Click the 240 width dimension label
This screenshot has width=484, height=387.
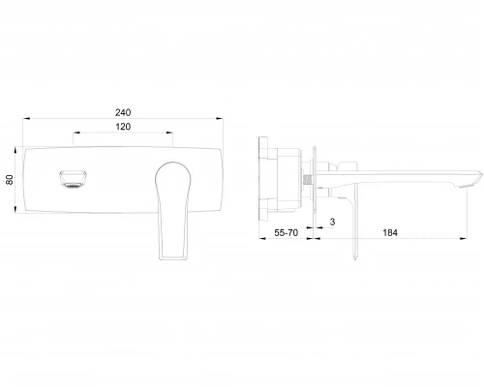pyautogui.click(x=123, y=112)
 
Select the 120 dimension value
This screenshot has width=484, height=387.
pyautogui.click(x=123, y=127)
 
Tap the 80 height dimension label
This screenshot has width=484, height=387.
pyautogui.click(x=10, y=180)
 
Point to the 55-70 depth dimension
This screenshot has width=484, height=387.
pyautogui.click(x=287, y=232)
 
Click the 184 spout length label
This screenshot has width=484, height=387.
pyautogui.click(x=390, y=232)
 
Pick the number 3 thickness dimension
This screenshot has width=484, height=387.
pyautogui.click(x=332, y=222)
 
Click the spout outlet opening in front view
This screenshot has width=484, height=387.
pyautogui.click(x=73, y=179)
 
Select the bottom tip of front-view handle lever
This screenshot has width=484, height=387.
pyautogui.click(x=173, y=258)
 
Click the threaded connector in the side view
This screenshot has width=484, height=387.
pyautogui.click(x=308, y=179)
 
